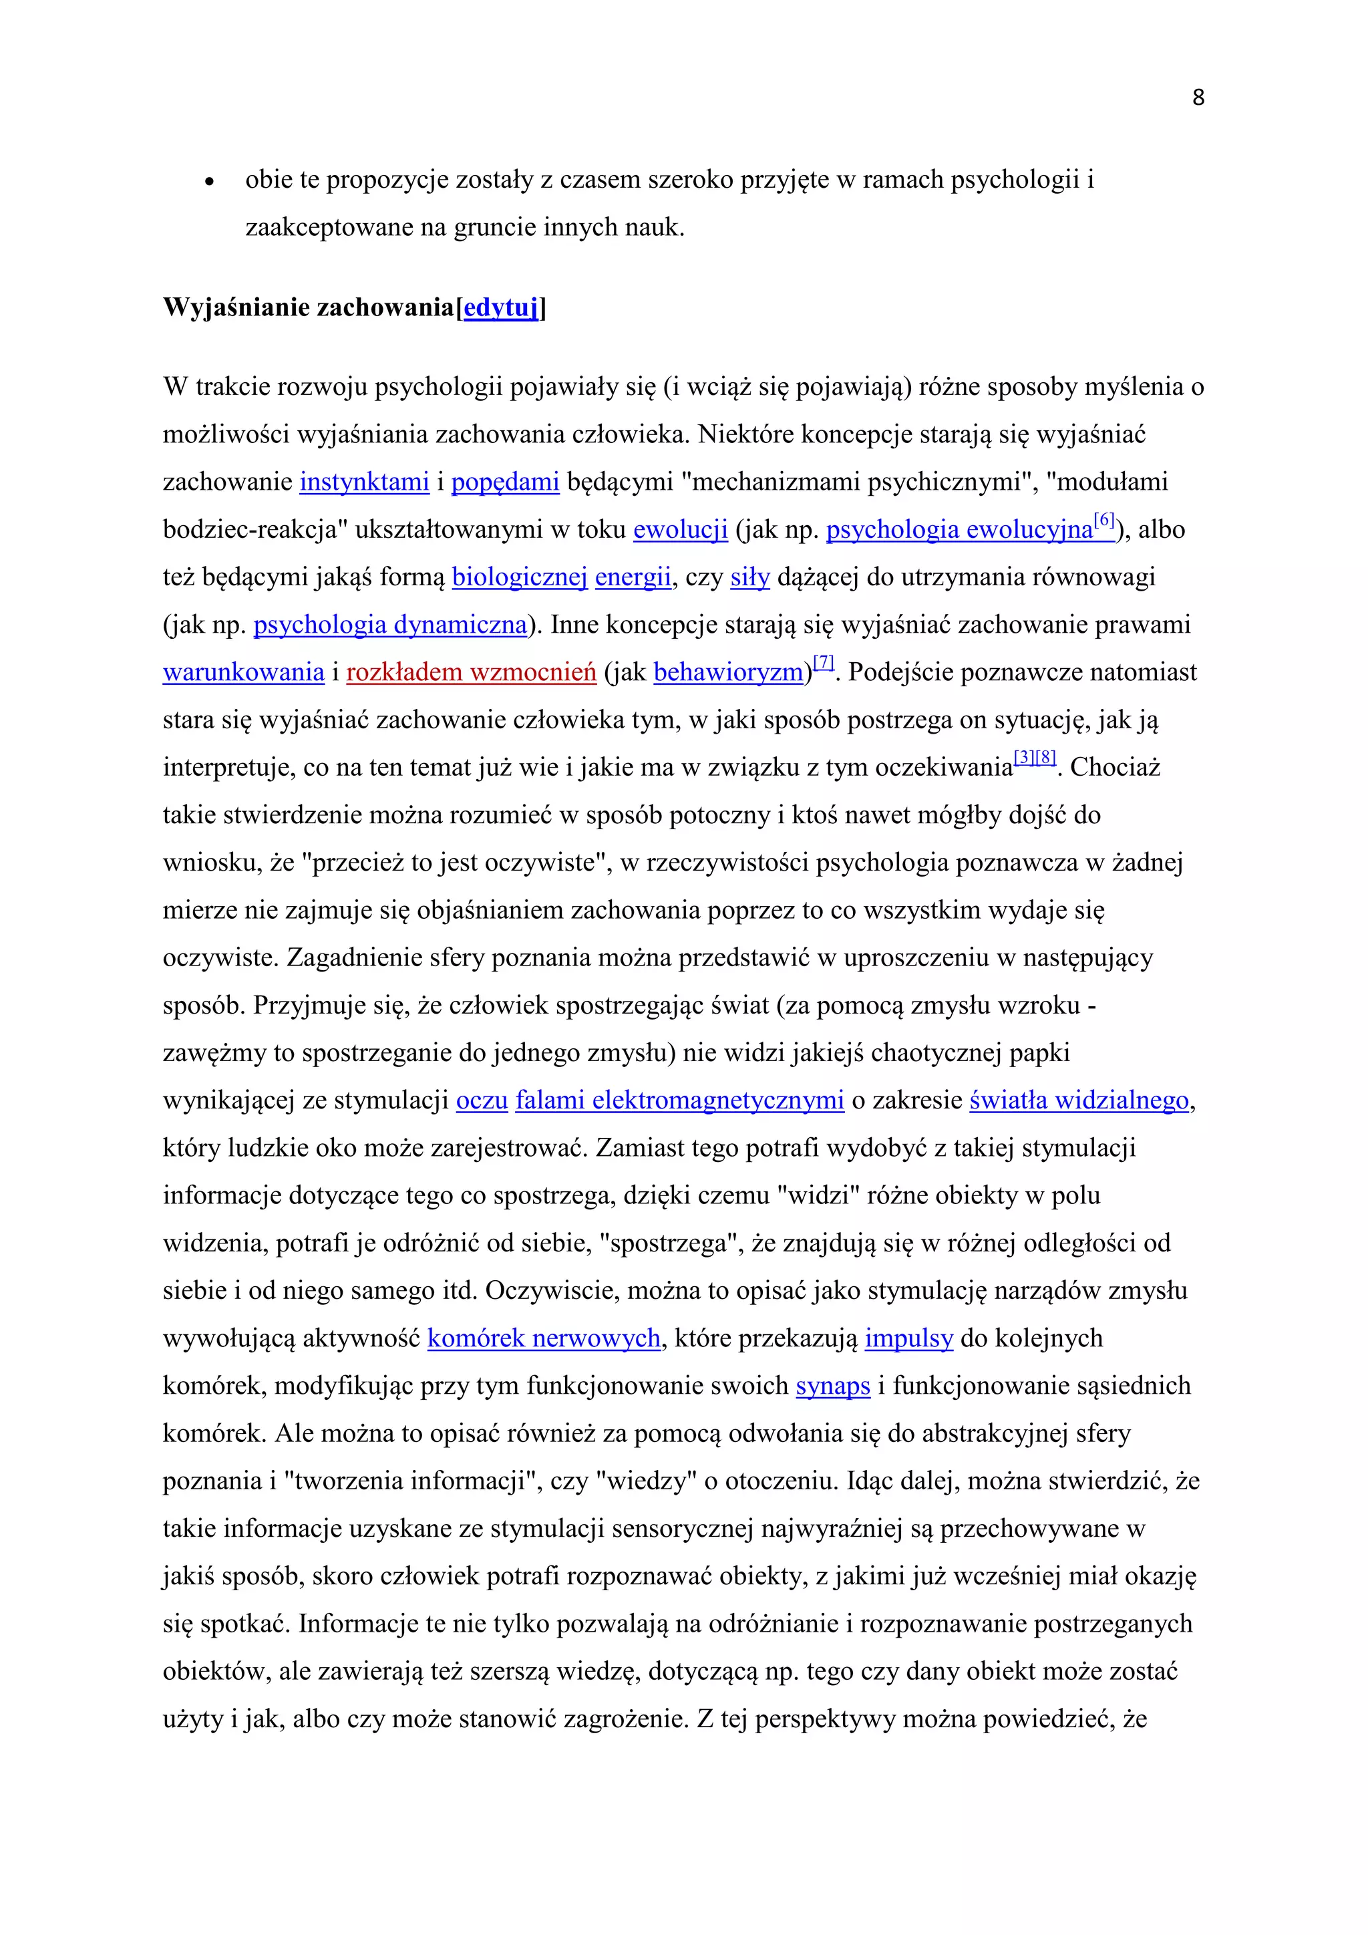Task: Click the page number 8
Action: point(1198,98)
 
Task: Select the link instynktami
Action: point(364,482)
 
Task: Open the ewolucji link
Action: point(680,530)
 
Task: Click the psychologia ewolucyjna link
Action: point(959,530)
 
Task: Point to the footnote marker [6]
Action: point(1103,520)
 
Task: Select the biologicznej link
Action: point(519,577)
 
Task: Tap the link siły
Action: point(749,577)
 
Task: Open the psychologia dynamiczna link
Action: point(390,625)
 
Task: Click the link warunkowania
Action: point(243,673)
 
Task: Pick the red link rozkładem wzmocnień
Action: point(471,673)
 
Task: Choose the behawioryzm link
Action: point(729,673)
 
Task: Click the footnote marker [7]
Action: point(824,662)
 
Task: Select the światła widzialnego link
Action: point(1078,1100)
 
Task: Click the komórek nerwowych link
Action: point(543,1338)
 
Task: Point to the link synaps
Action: point(832,1386)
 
